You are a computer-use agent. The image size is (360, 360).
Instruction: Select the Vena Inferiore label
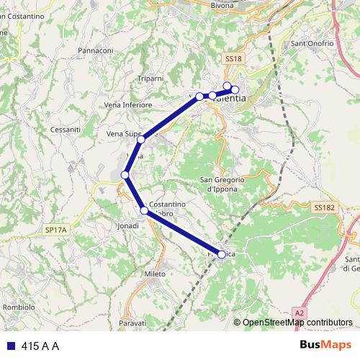click(x=128, y=104)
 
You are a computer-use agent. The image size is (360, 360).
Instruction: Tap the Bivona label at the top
click(x=223, y=5)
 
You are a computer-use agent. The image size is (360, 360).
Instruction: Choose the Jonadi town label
click(x=127, y=225)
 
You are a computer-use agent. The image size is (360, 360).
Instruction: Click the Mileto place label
click(x=155, y=274)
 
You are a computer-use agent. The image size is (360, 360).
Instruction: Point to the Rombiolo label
click(x=19, y=307)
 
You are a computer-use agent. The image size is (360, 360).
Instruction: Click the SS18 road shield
click(x=232, y=57)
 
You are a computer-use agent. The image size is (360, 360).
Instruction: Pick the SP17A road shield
click(x=55, y=229)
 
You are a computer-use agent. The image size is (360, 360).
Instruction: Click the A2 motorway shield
click(x=300, y=313)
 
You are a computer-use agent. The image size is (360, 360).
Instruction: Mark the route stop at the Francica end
click(x=221, y=254)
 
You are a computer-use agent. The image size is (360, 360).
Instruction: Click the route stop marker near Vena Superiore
click(x=142, y=139)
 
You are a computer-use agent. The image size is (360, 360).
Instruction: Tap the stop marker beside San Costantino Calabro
click(x=145, y=211)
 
